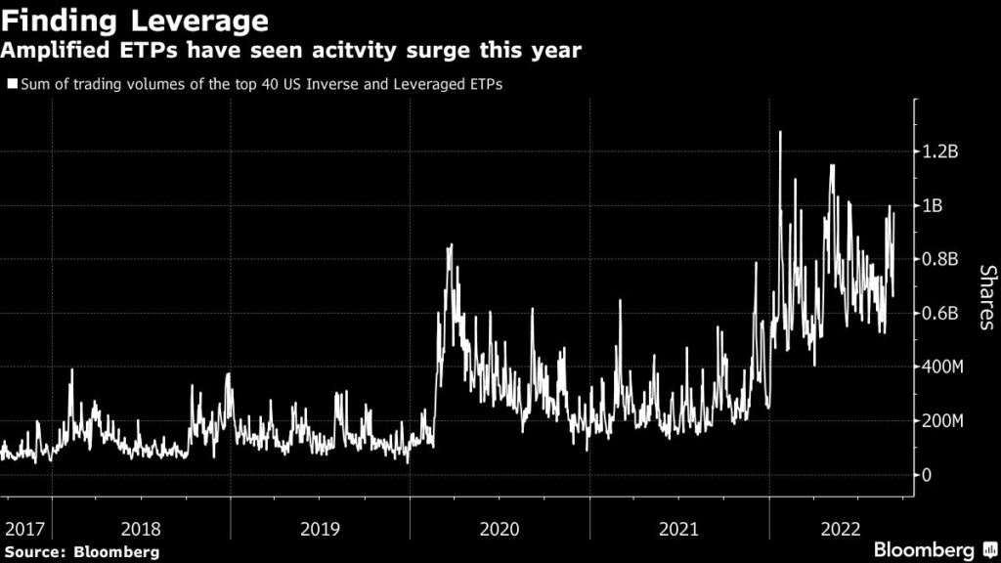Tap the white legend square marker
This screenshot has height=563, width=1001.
[x=11, y=84]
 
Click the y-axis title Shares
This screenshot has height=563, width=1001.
[x=986, y=297]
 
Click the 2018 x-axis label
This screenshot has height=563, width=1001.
[x=142, y=529]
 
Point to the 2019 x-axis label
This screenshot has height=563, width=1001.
[x=321, y=529]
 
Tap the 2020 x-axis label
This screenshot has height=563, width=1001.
[x=500, y=529]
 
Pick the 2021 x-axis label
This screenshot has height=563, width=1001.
[x=678, y=529]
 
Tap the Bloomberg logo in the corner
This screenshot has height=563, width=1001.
[x=933, y=548]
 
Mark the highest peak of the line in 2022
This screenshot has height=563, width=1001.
[x=780, y=132]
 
